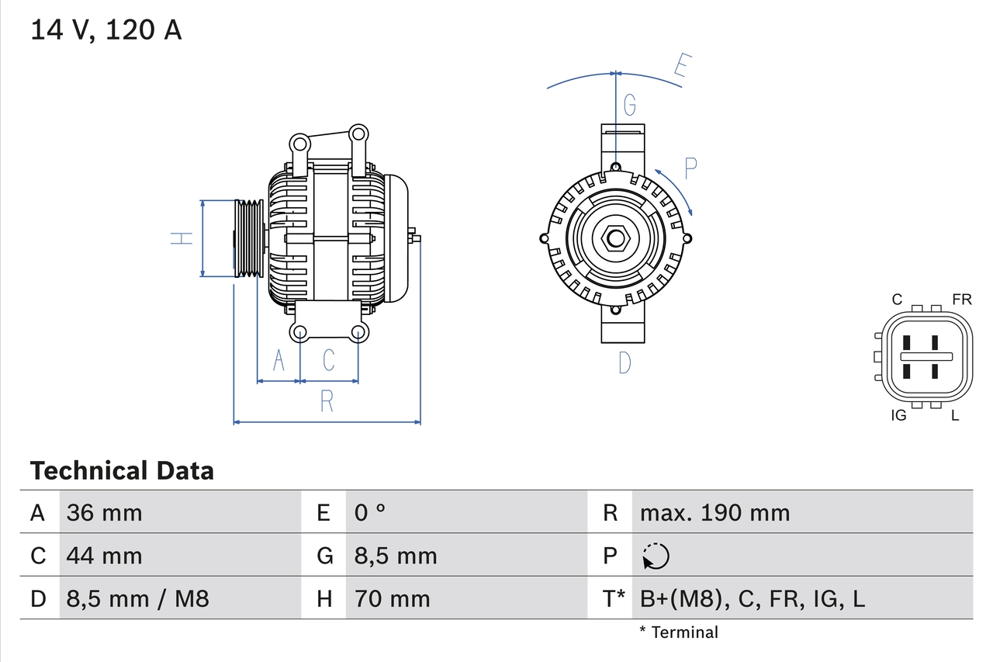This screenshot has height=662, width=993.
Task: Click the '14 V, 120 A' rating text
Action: coord(106,29)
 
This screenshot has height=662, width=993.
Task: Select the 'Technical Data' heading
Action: coord(122,470)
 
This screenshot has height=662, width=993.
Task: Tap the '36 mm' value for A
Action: coord(105,512)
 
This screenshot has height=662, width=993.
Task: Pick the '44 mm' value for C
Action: coord(105,556)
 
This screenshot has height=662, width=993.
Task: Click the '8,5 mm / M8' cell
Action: coord(138,598)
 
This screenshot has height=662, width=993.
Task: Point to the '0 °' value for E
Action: coord(370,512)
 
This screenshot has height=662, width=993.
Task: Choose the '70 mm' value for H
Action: coord(392,598)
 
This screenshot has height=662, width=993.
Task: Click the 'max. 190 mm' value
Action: coord(714,512)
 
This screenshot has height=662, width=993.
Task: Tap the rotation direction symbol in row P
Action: coord(656,556)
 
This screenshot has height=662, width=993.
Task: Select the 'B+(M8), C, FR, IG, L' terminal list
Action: coord(752,598)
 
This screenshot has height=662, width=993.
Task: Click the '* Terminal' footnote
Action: coord(679,633)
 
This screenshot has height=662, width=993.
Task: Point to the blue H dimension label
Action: coord(182,238)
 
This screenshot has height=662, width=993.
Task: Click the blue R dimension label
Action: coord(327,401)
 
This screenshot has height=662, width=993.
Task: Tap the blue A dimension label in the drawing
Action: coord(279,360)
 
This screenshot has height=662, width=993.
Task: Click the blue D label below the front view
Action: coord(625,362)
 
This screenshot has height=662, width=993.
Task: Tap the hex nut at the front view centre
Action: coord(615,238)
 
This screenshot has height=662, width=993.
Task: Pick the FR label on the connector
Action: coord(961,300)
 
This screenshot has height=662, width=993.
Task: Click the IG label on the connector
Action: coord(898,415)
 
